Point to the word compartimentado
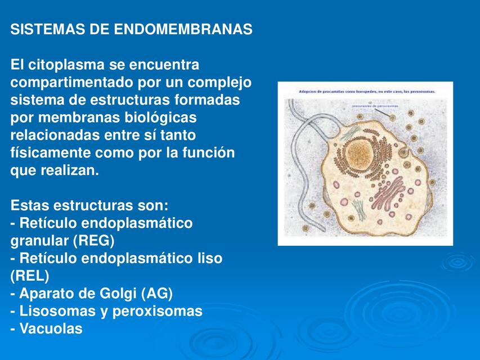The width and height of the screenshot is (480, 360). pos(71,83)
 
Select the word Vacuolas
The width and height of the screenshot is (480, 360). pos(51,328)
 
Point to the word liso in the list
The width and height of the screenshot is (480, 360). pos(210,259)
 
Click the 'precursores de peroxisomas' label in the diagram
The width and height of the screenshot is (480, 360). pos(375,105)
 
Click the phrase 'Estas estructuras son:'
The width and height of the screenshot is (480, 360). pos(89,206)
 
